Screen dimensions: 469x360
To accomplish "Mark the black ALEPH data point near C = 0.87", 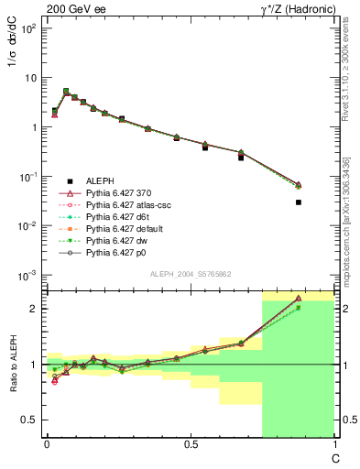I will coord(299,202).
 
